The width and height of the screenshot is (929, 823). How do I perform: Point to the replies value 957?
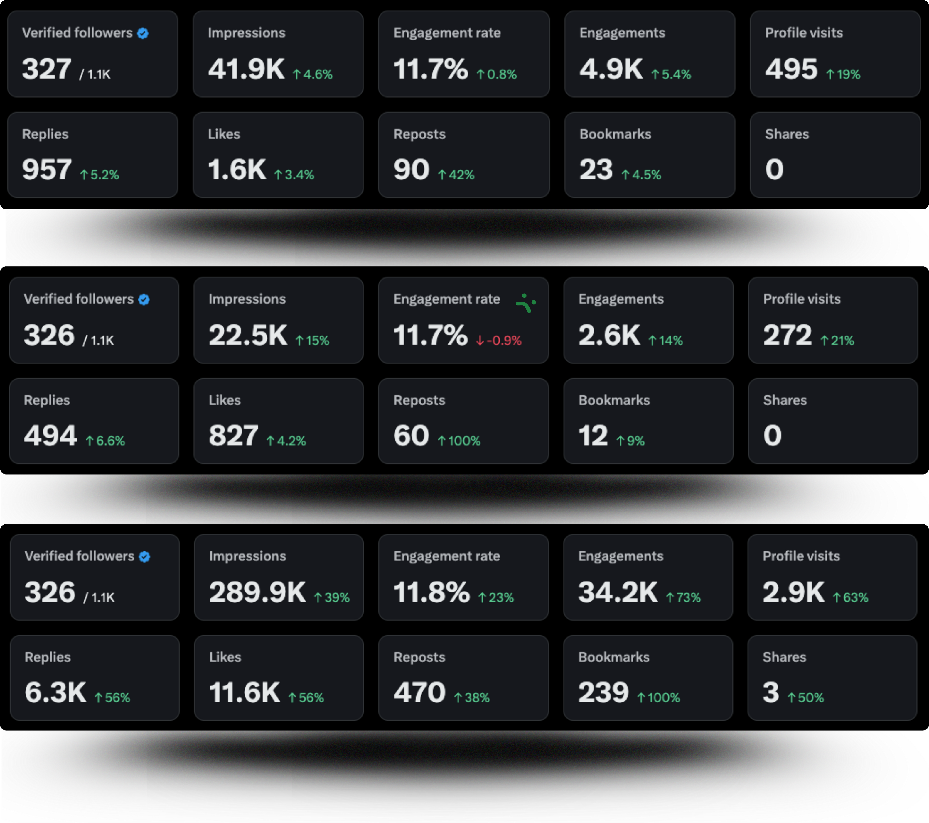(x=47, y=170)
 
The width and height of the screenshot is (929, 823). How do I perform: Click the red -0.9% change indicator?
(x=499, y=340)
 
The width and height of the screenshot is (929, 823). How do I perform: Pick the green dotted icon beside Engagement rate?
(x=526, y=303)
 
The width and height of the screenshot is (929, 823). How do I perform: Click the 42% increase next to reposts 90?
(x=456, y=175)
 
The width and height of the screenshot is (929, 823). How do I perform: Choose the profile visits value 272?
(x=787, y=335)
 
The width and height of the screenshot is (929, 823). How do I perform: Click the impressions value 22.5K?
(x=248, y=335)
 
